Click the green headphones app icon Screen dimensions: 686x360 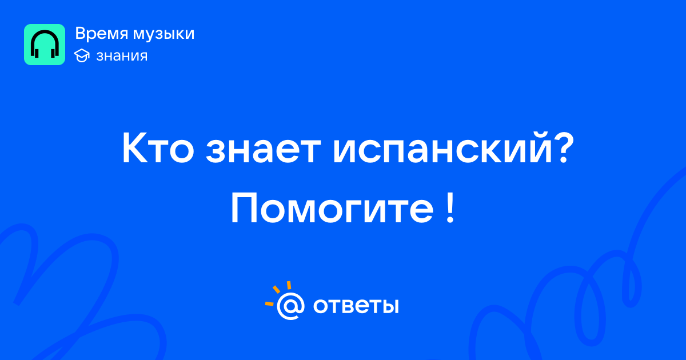45,45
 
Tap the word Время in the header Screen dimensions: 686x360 101,33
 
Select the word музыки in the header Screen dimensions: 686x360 164,34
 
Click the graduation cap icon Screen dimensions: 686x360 82,56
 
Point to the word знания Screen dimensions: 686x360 122,56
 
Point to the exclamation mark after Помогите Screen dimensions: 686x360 450,208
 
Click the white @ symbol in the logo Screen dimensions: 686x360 290,306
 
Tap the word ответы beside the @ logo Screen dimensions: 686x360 356,306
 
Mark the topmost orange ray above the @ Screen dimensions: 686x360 289,285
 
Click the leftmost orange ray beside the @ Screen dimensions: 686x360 269,303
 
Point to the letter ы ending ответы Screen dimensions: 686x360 389,306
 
